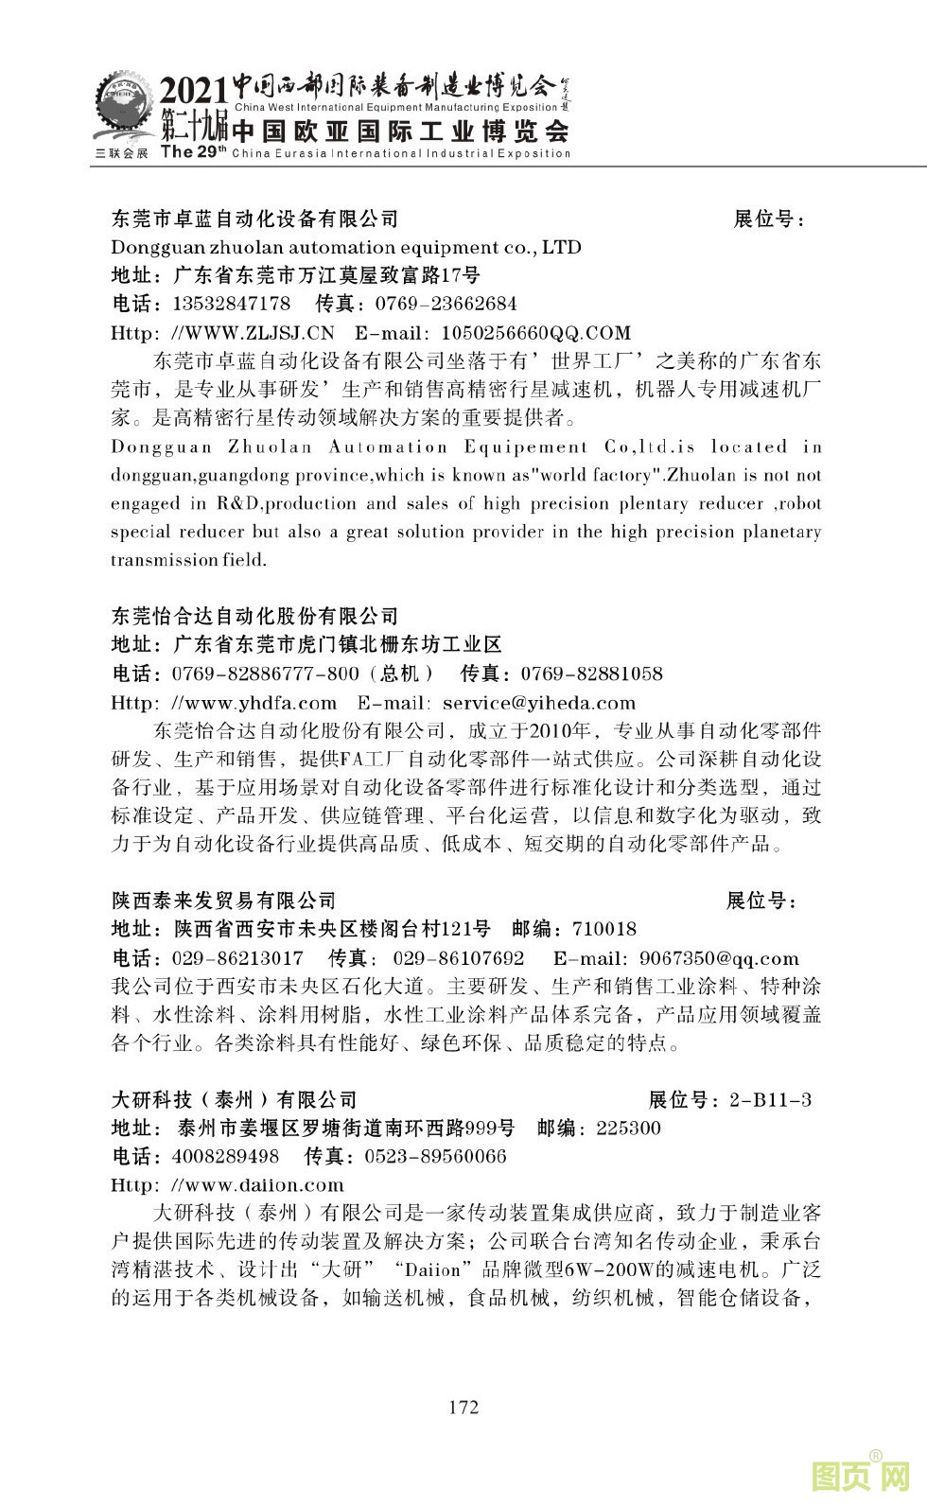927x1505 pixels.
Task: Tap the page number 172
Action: click(463, 1407)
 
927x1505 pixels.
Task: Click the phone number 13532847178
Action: click(232, 304)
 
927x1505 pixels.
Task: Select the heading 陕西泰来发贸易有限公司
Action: click(224, 901)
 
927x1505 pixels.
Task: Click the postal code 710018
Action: click(604, 929)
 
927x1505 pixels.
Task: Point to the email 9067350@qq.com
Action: click(719, 958)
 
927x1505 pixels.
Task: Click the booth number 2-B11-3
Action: click(770, 1099)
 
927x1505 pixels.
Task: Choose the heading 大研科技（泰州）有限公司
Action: click(235, 1099)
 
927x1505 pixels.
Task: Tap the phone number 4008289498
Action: click(226, 1156)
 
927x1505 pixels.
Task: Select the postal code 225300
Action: click(629, 1128)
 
